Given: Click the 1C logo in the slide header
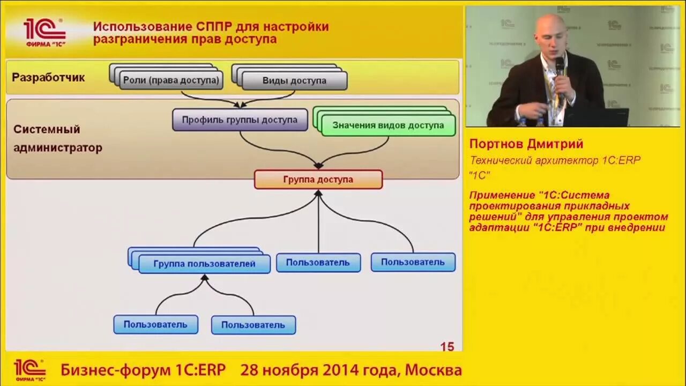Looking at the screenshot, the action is pyautogui.click(x=44, y=31).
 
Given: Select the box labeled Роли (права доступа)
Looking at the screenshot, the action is pyautogui.click(x=171, y=80).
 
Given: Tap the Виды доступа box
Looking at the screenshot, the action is pyautogui.click(x=294, y=81).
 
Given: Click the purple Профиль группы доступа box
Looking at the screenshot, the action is pyautogui.click(x=240, y=120).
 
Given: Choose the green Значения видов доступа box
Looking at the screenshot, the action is pyautogui.click(x=388, y=125).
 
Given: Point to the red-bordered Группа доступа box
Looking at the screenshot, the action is pyautogui.click(x=318, y=180).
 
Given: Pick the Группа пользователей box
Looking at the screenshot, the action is pyautogui.click(x=204, y=264).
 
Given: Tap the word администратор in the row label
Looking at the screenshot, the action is pyautogui.click(x=58, y=147).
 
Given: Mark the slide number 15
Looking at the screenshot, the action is pyautogui.click(x=447, y=347).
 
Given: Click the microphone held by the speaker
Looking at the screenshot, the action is pyautogui.click(x=560, y=67).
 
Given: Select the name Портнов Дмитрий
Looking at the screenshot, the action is pyautogui.click(x=526, y=144).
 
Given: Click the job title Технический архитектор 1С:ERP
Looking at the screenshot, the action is pyautogui.click(x=555, y=160).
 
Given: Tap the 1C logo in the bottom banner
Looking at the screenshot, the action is pyautogui.click(x=29, y=370).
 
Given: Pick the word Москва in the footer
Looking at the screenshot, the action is pyautogui.click(x=433, y=370).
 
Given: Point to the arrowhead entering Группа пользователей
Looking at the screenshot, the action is pyautogui.click(x=204, y=278).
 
